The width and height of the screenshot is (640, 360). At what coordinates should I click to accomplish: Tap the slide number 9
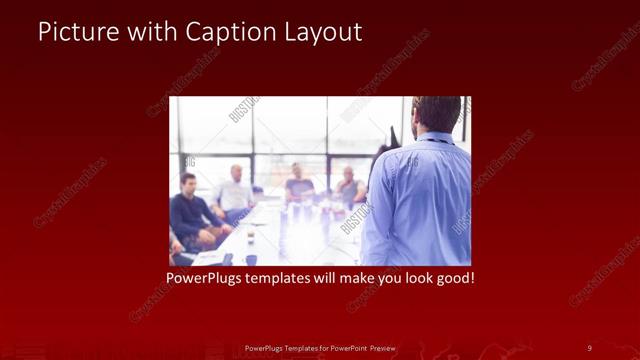click(589, 348)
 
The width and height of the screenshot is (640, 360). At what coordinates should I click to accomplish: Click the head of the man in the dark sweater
click(188, 182)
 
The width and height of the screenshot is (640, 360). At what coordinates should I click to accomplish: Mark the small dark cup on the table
click(250, 260)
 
